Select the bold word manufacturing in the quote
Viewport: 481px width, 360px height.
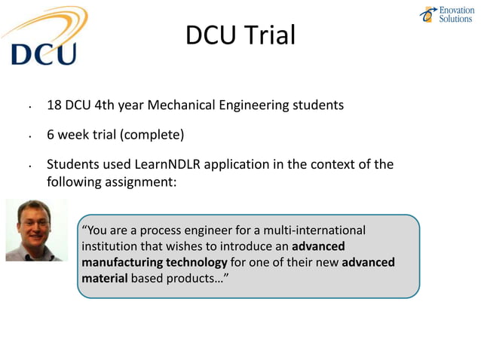(x=120, y=262)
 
